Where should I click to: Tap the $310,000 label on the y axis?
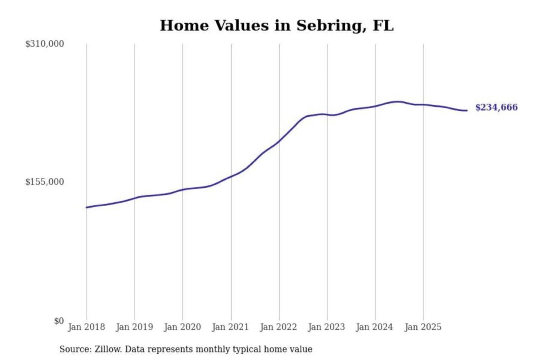pyautogui.click(x=45, y=44)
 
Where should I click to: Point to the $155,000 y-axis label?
pyautogui.click(x=45, y=182)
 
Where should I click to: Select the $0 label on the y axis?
pyautogui.click(x=59, y=321)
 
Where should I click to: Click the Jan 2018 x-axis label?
pyautogui.click(x=86, y=327)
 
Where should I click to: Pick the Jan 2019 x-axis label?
pyautogui.click(x=135, y=327)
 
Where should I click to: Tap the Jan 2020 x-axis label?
pyautogui.click(x=183, y=327)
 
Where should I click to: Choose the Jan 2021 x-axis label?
pyautogui.click(x=230, y=327)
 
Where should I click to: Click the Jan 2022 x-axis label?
pyautogui.click(x=278, y=327)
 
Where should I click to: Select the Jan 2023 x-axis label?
pyautogui.click(x=326, y=327)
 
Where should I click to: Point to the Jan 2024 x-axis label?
pyautogui.click(x=374, y=327)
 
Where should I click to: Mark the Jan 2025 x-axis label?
pyautogui.click(x=423, y=327)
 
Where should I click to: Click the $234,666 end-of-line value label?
pyautogui.click(x=496, y=108)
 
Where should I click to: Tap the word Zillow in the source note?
pyautogui.click(x=108, y=349)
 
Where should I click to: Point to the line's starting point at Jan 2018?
pyautogui.click(x=87, y=207)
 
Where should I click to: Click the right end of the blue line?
pyautogui.click(x=467, y=110)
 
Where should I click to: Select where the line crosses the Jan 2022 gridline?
pyautogui.click(x=279, y=141)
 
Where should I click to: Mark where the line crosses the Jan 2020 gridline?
pyautogui.click(x=183, y=190)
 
